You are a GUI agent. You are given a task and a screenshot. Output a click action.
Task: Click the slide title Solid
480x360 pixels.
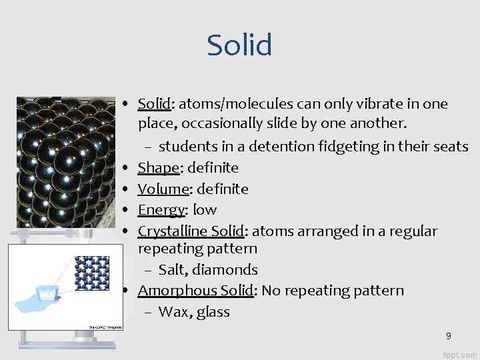(239, 45)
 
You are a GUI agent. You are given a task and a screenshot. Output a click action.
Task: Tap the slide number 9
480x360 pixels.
(449, 336)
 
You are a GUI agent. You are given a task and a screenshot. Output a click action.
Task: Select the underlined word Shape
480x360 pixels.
(159, 168)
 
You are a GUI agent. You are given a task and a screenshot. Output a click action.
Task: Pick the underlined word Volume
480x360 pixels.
(163, 189)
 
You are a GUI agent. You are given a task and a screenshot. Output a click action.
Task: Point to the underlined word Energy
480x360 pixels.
(161, 210)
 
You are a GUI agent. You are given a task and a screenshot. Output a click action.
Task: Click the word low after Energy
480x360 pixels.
(205, 210)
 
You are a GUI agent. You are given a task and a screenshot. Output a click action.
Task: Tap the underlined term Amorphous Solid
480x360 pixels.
(195, 291)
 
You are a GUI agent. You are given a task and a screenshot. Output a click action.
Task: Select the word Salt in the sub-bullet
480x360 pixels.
(171, 270)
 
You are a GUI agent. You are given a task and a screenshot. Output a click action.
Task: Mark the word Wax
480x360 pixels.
(173, 312)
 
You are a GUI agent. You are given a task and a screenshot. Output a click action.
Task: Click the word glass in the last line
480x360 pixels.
(213, 312)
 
